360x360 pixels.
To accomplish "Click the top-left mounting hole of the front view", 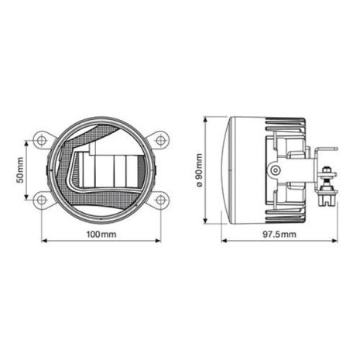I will (40, 141).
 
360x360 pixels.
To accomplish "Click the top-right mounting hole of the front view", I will (161, 141).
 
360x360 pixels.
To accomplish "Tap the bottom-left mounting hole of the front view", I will (40, 200).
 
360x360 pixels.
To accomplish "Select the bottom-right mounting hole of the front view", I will (161, 200).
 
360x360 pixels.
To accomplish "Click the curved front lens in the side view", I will (227, 170).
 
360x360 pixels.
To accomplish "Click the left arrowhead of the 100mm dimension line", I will (43, 240).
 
